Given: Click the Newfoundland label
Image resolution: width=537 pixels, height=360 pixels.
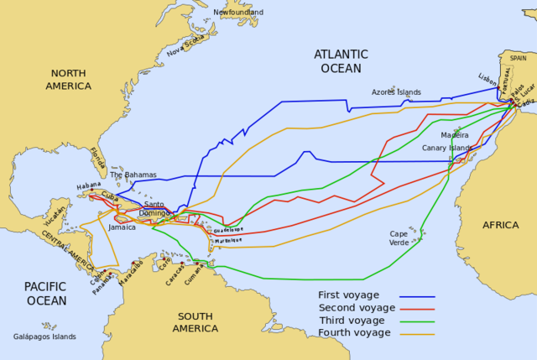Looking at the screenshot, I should coord(237,13).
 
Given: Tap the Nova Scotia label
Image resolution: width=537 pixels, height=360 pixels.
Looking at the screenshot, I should coord(186,39).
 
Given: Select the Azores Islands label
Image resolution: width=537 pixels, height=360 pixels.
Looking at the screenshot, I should coord(396,92).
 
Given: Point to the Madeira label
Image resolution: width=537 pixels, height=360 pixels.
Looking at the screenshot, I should coord(455,134).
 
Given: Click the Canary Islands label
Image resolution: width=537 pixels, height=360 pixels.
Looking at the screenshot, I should coord(447,148).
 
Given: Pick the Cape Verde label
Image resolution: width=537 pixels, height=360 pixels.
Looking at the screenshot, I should coord(399,238).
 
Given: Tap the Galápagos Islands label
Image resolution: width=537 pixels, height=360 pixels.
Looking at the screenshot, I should coord(44,337).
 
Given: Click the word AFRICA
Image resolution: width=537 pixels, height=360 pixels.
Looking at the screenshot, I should coord(500,225).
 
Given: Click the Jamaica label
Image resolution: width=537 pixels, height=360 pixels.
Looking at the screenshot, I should coord(122,227).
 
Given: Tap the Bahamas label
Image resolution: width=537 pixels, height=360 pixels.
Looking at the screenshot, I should coord(133,175).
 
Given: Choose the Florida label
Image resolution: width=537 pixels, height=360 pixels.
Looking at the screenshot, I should coord(98,158).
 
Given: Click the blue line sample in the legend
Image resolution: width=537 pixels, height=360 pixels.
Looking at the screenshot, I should coord(417,296).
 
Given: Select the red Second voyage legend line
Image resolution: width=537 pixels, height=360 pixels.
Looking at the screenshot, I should coord(417,309).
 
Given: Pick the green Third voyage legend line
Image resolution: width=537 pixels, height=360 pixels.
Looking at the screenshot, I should coord(417,321).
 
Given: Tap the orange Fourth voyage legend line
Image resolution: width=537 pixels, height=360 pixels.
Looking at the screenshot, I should coord(417,334).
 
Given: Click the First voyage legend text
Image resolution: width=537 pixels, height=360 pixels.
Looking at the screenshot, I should coord(348,295).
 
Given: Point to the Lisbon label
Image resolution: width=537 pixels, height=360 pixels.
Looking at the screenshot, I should coord(488,77).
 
